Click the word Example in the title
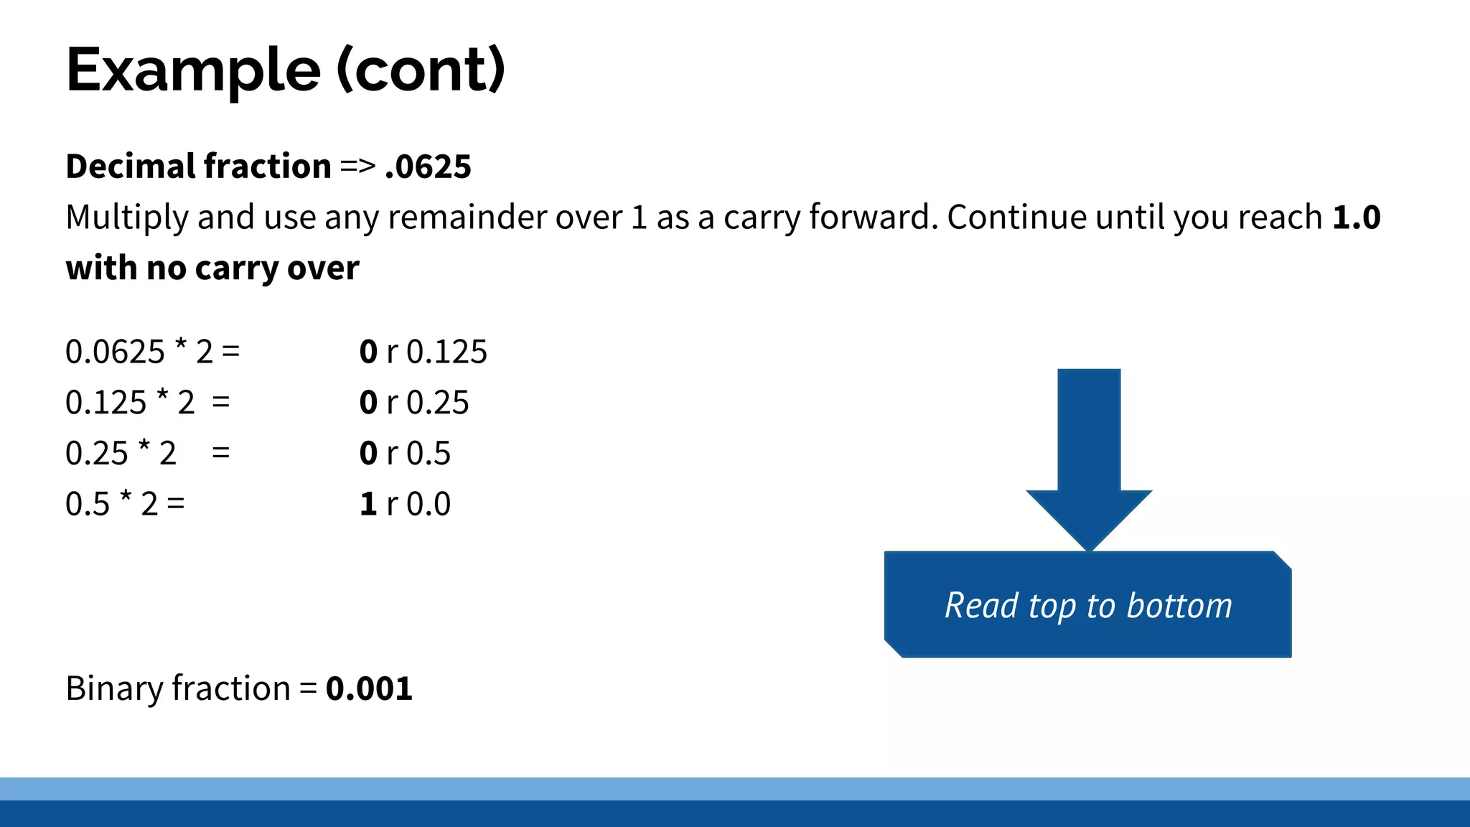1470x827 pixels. [x=193, y=70]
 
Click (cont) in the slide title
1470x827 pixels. [x=421, y=70]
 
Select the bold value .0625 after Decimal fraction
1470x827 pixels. [x=428, y=167]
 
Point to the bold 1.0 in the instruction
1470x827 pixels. [x=1356, y=218]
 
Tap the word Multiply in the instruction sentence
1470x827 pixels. [x=126, y=218]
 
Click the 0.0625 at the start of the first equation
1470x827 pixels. [x=115, y=352]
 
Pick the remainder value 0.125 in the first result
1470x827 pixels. [x=446, y=352]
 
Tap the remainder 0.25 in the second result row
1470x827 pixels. [x=437, y=403]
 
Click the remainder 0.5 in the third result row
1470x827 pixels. [x=429, y=454]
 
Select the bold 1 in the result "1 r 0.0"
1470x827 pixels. [x=368, y=504]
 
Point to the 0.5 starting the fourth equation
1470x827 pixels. [x=88, y=504]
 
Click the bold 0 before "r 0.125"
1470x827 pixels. [x=368, y=352]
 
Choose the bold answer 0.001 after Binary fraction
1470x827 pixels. [x=369, y=688]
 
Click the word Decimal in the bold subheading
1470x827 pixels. [x=128, y=167]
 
